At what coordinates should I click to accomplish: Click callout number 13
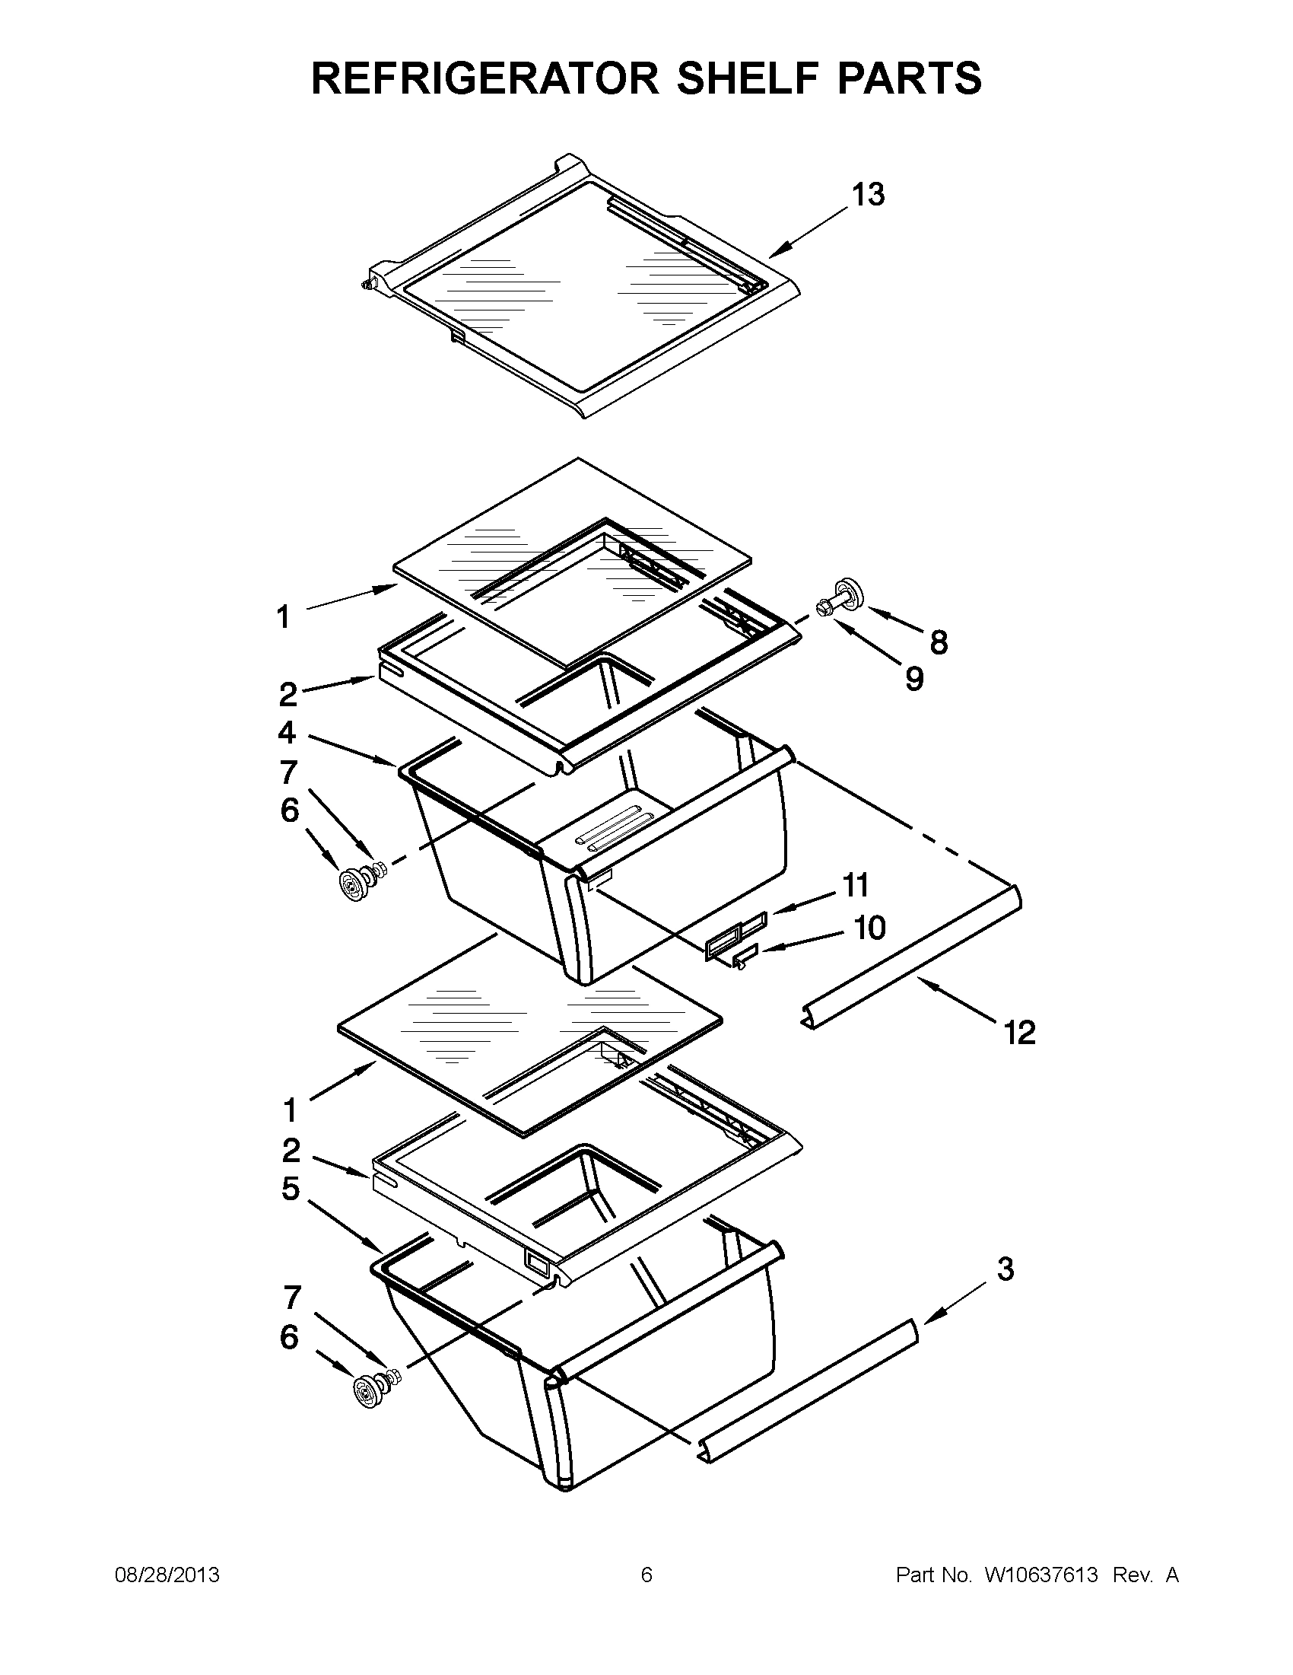coord(869,195)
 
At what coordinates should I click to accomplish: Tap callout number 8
coord(938,642)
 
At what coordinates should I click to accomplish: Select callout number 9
coord(914,678)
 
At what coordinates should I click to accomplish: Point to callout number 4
coord(287,732)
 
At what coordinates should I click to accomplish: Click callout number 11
coord(856,885)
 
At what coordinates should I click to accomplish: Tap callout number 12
coord(1019,1033)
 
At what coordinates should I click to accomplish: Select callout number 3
coord(1005,1269)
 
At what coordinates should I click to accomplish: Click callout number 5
coord(290,1189)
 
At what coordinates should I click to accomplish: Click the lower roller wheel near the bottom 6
coord(367,1390)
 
